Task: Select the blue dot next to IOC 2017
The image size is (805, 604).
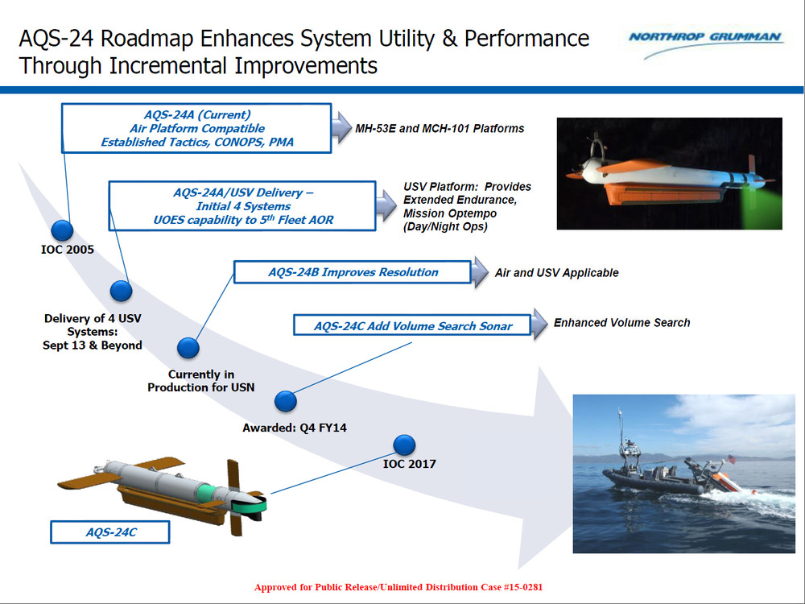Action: pos(404,445)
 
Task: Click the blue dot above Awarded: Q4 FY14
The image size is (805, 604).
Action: pos(287,402)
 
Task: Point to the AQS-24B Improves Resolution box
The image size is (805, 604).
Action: pos(353,272)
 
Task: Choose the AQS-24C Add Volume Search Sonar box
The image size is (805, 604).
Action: pos(413,326)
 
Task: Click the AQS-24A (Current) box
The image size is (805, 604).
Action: pos(196,128)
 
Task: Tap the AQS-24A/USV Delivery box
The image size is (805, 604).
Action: pos(242,206)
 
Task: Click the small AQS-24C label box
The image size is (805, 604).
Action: pos(110,532)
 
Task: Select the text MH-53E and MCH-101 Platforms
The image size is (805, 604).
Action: pos(440,128)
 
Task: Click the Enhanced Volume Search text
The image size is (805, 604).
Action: pos(621,322)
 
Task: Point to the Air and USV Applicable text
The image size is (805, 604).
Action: pos(556,273)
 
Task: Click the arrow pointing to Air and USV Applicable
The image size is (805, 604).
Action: pos(481,272)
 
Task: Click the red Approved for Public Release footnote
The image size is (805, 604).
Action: pos(398,587)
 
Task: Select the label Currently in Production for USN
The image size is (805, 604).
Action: pos(200,381)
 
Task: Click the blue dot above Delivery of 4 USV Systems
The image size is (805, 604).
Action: pos(121,291)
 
